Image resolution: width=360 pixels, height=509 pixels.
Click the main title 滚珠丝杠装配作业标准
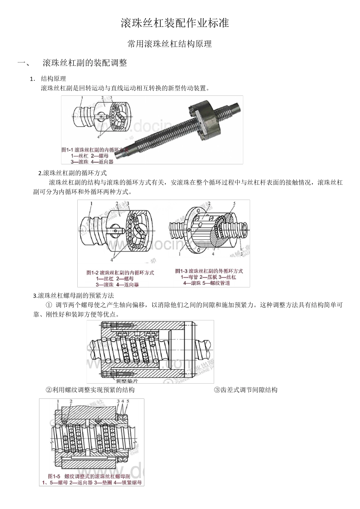[175, 23]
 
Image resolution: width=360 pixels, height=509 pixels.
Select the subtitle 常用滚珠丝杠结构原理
[169, 44]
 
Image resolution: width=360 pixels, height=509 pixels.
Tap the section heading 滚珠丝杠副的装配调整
[85, 63]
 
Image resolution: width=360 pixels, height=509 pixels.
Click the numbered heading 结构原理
[53, 79]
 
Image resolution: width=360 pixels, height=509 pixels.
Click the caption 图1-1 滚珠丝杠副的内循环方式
[95, 150]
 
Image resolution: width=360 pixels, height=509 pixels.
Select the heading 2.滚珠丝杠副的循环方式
[72, 173]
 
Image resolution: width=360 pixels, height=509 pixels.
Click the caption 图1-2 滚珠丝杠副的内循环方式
[120, 272]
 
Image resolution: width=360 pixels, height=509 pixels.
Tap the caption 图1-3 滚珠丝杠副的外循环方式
[209, 271]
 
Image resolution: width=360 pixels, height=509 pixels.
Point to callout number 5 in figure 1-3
[234, 204]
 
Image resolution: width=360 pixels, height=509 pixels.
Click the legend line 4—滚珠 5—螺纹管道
[207, 283]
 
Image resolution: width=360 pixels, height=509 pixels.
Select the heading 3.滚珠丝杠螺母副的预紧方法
[74, 295]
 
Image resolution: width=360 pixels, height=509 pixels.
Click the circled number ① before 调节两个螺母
[49, 305]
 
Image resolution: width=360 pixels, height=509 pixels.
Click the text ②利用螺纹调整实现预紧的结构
[90, 390]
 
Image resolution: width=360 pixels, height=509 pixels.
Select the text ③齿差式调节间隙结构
[246, 390]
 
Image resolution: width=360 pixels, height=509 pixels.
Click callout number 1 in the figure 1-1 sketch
[81, 98]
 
